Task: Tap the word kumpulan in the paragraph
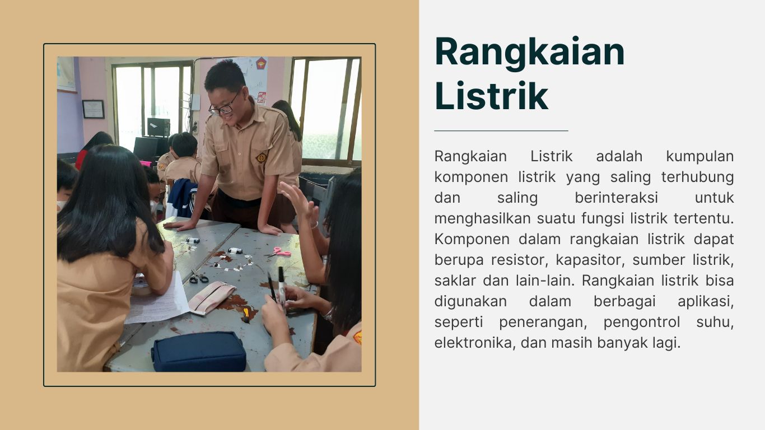(700, 157)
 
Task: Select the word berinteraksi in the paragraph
(617, 198)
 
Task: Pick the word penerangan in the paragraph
(543, 322)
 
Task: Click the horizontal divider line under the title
(501, 130)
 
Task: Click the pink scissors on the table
(279, 252)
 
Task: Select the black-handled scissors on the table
(198, 276)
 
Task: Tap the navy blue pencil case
(199, 352)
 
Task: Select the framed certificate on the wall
(93, 109)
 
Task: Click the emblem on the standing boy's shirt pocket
(262, 157)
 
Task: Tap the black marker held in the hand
(281, 286)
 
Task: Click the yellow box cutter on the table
(246, 314)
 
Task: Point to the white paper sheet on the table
(157, 301)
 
